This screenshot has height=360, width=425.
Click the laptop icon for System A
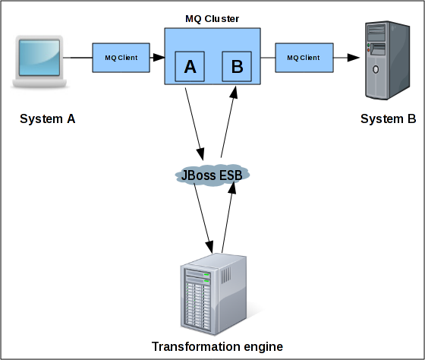39,62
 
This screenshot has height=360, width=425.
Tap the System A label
47,118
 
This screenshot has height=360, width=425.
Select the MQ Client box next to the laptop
121,58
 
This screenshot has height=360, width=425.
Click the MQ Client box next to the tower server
304,58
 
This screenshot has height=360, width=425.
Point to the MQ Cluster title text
212,19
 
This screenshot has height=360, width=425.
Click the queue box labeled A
190,67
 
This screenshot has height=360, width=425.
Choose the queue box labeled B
237,67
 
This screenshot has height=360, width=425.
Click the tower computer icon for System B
387,60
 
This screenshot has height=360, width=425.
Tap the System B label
388,118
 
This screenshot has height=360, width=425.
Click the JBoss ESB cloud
212,175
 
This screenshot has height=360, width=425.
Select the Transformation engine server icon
213,294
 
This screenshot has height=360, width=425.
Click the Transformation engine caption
217,346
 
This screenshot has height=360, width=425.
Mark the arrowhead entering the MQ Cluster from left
159,58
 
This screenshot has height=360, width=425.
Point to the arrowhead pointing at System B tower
354,58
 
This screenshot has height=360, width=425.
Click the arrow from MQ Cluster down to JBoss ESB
194,124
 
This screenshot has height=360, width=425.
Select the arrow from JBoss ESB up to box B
229,122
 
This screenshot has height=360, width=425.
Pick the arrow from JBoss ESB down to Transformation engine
203,219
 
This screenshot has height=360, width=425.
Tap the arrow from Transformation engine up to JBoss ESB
228,217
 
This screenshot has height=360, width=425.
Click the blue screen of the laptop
39,58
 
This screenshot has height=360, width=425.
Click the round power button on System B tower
376,69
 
